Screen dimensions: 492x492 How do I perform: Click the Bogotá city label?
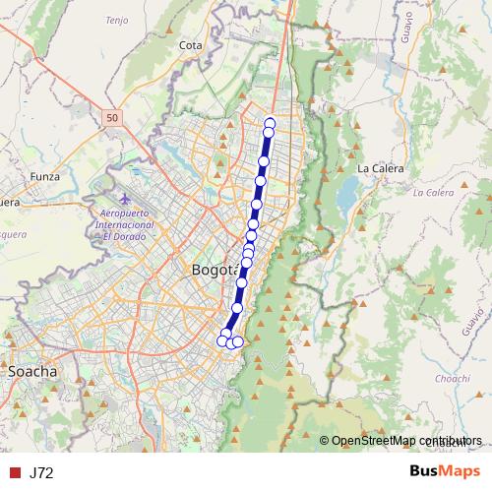coord(213,270)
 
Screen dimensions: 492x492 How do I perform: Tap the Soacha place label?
coord(31,372)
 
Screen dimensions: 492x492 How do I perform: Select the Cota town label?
coord(191,45)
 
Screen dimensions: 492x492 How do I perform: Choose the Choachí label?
coord(452,378)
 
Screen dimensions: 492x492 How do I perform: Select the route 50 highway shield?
coord(112,117)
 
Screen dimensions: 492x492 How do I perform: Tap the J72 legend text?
coord(41,472)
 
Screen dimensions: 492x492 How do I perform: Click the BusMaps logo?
coord(446,471)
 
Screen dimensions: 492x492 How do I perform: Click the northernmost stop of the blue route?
coord(270,123)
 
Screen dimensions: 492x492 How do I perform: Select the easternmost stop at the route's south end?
coord(238,342)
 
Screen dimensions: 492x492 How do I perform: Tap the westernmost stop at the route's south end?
coord(221,340)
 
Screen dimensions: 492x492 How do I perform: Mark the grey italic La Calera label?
coord(434,192)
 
